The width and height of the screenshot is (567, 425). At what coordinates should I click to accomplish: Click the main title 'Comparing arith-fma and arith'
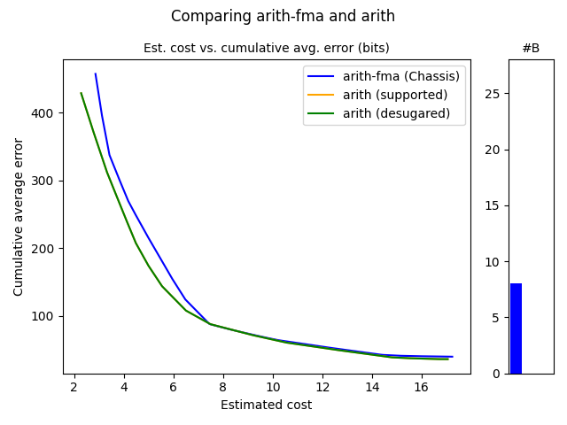(x=283, y=16)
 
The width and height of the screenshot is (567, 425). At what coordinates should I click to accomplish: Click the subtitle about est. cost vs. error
(x=266, y=48)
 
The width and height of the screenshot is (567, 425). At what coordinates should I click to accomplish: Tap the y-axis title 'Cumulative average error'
(x=19, y=216)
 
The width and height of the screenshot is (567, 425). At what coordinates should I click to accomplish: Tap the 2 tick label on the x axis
(x=74, y=386)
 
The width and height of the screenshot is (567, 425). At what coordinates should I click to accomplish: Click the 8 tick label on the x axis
(x=223, y=386)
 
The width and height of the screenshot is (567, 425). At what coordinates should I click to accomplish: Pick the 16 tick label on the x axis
(x=422, y=386)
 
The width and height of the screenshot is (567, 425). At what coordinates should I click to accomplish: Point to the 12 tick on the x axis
(x=322, y=386)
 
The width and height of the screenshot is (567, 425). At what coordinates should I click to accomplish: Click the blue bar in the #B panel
(x=516, y=328)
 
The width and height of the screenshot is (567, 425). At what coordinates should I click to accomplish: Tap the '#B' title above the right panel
(x=531, y=48)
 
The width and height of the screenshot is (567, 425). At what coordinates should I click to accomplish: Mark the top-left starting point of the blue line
(x=95, y=73)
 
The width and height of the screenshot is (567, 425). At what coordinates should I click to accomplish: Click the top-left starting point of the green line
(x=81, y=93)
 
